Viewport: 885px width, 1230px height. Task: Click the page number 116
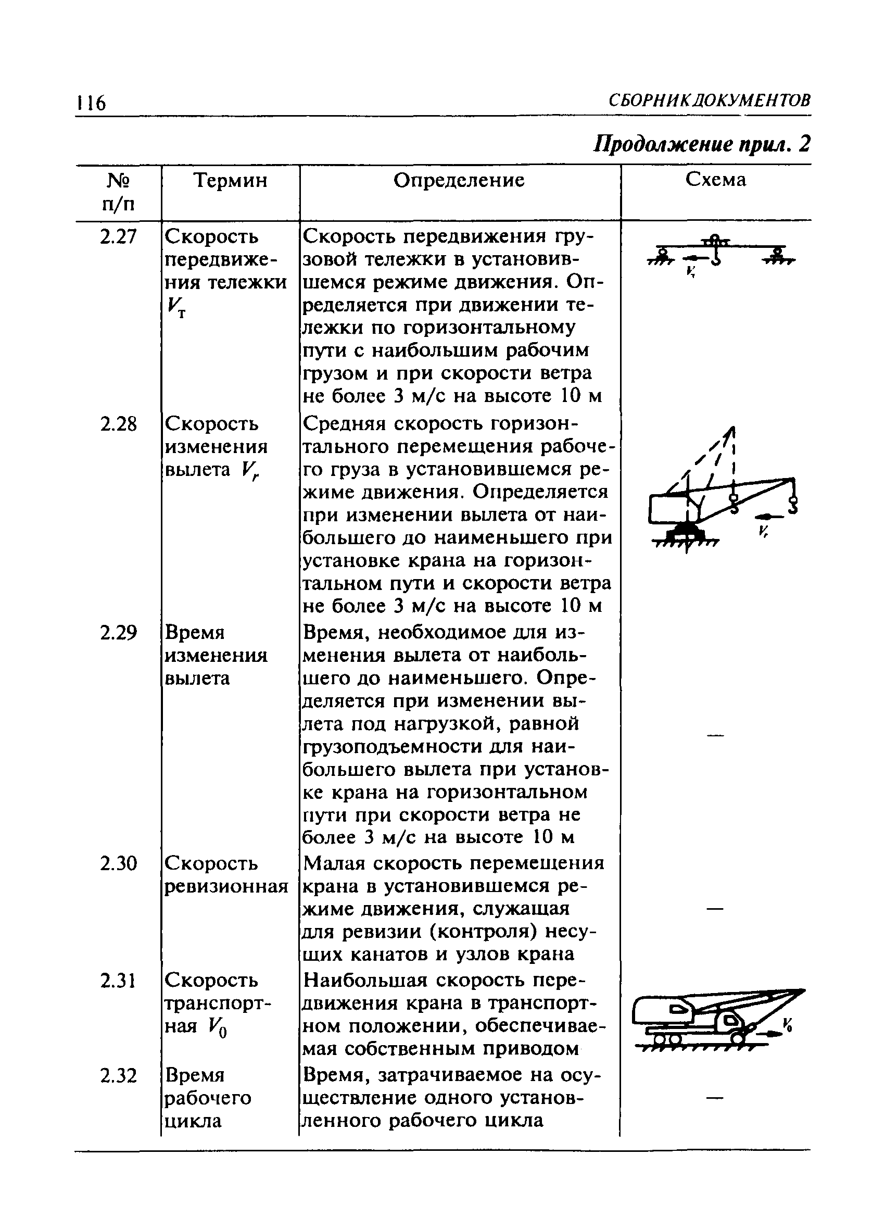[92, 102]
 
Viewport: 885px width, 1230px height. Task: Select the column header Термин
[231, 180]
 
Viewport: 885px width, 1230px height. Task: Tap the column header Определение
[459, 180]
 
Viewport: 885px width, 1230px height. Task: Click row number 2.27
[118, 237]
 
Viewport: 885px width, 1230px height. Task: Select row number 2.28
[118, 424]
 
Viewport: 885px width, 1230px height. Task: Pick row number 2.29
[118, 633]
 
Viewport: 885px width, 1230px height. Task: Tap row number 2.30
[118, 863]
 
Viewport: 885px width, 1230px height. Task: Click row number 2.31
[118, 981]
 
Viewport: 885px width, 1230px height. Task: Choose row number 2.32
[118, 1075]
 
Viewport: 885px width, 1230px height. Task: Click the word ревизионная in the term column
[226, 887]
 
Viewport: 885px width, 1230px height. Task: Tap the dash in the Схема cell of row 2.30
[715, 909]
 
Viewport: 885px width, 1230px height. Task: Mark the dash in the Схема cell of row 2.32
[715, 1098]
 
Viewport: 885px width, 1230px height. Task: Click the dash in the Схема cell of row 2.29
[715, 736]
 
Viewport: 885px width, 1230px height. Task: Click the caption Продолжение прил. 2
[702, 144]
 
